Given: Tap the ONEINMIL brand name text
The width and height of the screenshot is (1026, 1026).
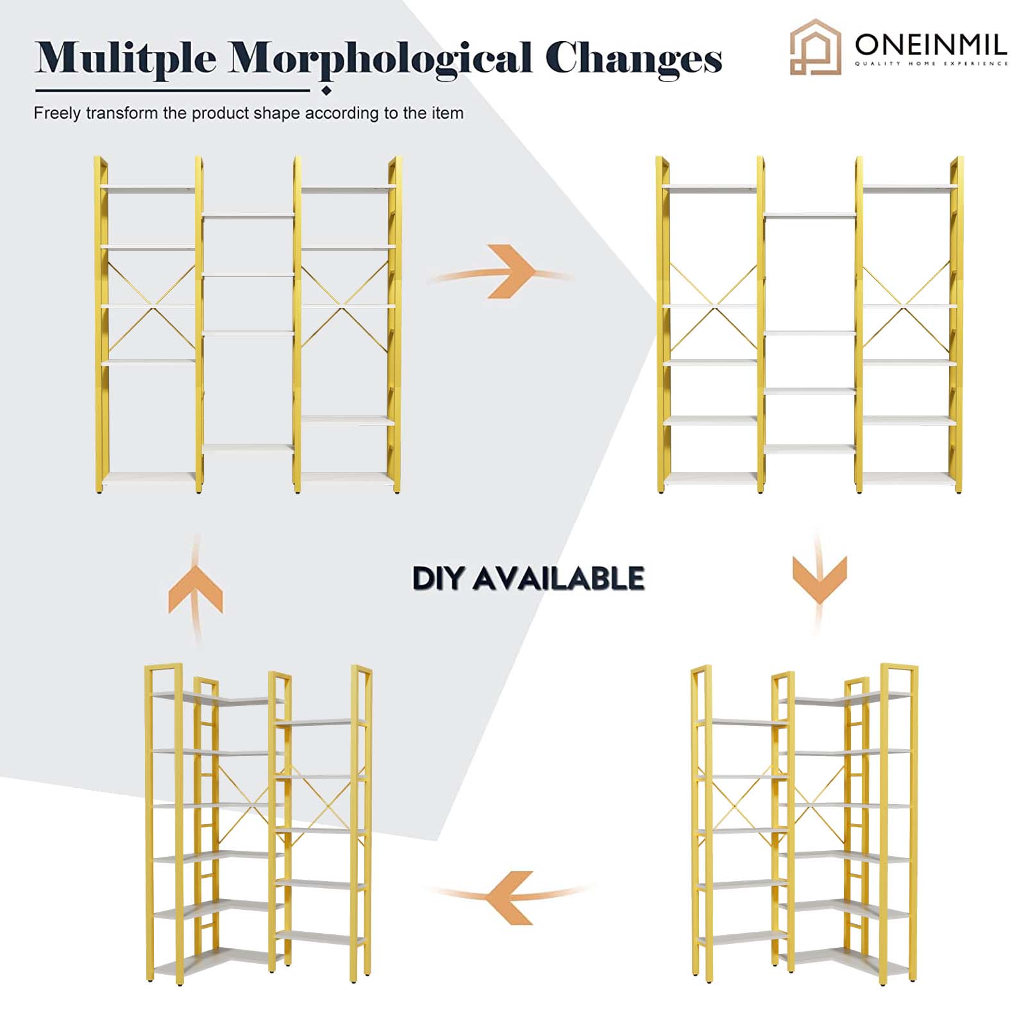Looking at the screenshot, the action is coord(930,44).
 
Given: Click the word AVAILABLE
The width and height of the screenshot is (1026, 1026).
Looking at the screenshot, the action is coord(558,578).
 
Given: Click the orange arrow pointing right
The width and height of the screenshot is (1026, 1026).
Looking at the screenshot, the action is coord(500,272).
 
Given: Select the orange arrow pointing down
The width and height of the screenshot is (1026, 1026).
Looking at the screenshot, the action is coord(819,580).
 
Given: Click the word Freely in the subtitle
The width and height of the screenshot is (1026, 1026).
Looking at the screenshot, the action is coord(57,114).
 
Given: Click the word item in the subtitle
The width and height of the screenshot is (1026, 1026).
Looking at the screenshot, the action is coord(446,113).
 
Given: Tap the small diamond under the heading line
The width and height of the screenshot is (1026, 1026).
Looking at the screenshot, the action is coord(326,90).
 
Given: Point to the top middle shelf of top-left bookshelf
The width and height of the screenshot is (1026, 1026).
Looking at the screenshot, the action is coord(248,216).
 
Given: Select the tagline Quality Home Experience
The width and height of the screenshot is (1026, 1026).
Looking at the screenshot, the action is coord(931,64).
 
